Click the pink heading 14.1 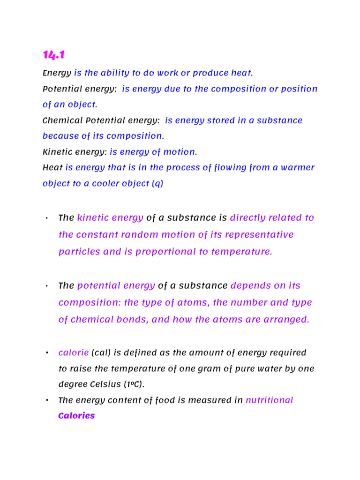[x=53, y=55]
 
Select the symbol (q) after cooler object [x=157, y=183]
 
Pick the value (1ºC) [x=135, y=385]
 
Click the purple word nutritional [x=270, y=400]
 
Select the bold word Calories [x=76, y=416]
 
